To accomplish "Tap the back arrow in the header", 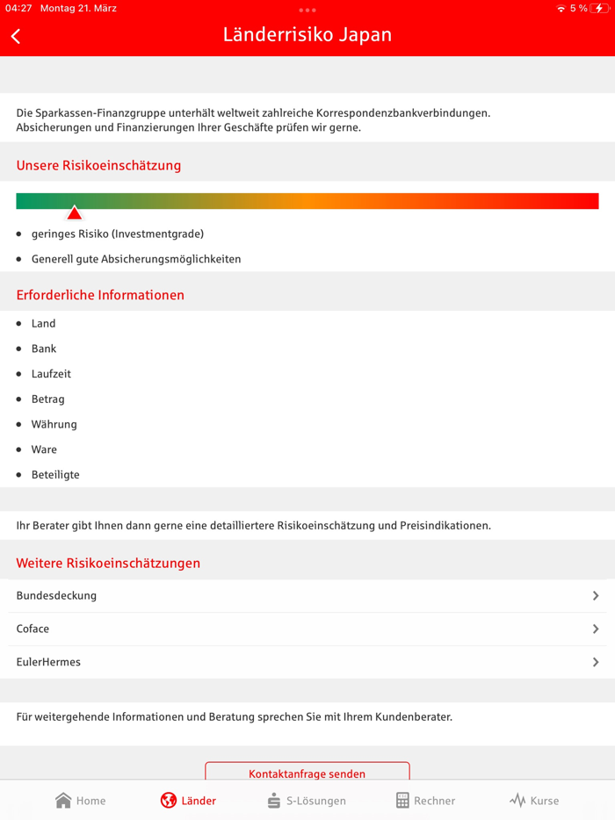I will coord(16,36).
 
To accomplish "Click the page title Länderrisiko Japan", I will coord(307,35).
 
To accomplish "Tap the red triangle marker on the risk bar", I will coord(75,212).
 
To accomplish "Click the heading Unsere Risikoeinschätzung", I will coord(98,165).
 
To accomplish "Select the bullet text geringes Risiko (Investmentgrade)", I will coord(118,234).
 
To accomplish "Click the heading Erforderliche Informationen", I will coord(100,295).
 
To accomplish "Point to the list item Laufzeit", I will coord(51,374).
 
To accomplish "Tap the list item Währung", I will coord(54,424).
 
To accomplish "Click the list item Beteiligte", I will coord(55,475).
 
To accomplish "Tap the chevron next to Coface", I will coord(596,629).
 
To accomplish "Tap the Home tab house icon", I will coord(63,800).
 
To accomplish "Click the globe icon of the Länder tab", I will coord(168,800).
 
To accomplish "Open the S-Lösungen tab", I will coord(307,801).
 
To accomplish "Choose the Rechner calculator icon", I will coord(402,800).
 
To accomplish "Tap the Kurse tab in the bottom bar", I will coord(534,801).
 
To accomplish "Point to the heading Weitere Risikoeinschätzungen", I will coord(108,563).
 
